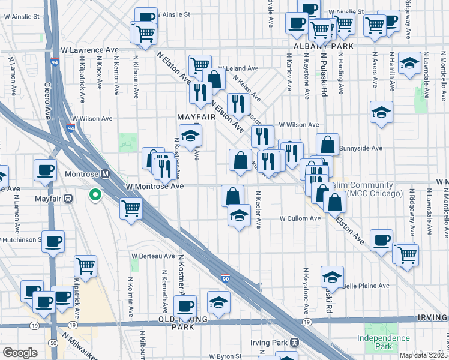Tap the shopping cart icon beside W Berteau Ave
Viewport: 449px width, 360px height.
tap(86, 265)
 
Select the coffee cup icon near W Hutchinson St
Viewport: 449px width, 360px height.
tap(53, 241)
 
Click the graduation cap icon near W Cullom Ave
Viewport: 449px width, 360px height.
tap(239, 214)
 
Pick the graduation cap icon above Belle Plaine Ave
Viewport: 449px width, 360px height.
tap(332, 276)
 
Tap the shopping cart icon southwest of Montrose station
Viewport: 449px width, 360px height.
tap(131, 208)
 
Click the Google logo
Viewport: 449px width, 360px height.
tap(20, 352)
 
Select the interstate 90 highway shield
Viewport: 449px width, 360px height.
tap(224, 279)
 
